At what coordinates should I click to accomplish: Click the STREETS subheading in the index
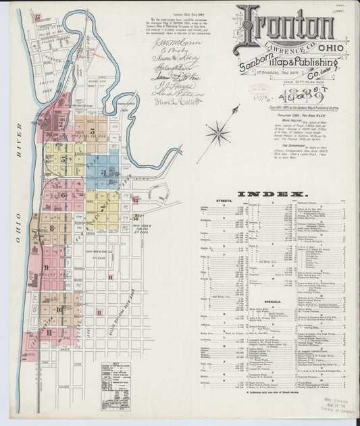click(x=224, y=201)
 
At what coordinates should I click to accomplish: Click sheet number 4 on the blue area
click(x=103, y=172)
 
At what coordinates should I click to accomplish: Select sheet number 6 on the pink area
click(x=63, y=196)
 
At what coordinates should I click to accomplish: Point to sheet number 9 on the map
click(x=47, y=267)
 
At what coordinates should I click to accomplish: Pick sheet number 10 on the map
click(x=59, y=310)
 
